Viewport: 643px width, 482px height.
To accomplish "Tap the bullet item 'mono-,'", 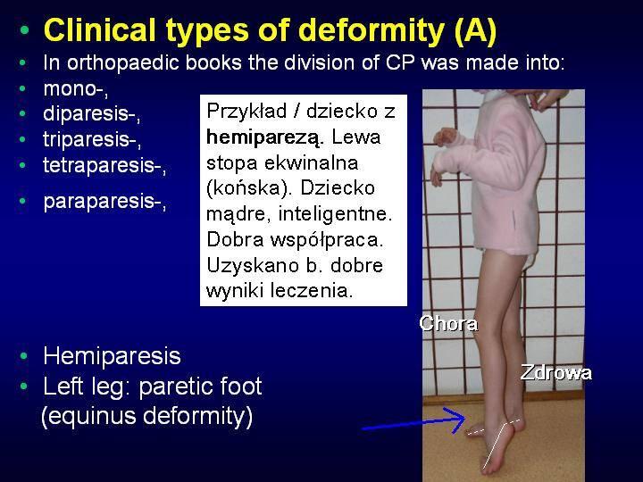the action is [76, 89].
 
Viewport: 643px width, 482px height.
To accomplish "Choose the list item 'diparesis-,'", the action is [91, 114].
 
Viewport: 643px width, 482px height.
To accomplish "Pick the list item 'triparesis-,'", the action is [92, 139].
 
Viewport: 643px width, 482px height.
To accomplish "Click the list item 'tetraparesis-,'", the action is [104, 165].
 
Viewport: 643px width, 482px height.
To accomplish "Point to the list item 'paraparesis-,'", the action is [104, 201].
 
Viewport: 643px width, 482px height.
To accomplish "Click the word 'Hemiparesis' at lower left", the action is [112, 356].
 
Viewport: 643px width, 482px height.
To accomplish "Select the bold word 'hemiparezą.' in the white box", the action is [265, 137].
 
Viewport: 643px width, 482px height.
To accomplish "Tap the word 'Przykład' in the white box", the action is [246, 112].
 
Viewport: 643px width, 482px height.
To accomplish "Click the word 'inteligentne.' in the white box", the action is [335, 213].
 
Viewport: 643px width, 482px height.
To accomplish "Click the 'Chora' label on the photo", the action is [448, 323].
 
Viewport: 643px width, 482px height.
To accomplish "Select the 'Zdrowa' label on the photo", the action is [555, 372].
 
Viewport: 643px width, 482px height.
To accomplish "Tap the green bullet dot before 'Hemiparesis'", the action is [24, 356].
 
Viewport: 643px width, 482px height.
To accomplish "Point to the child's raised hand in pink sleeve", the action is [444, 136].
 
